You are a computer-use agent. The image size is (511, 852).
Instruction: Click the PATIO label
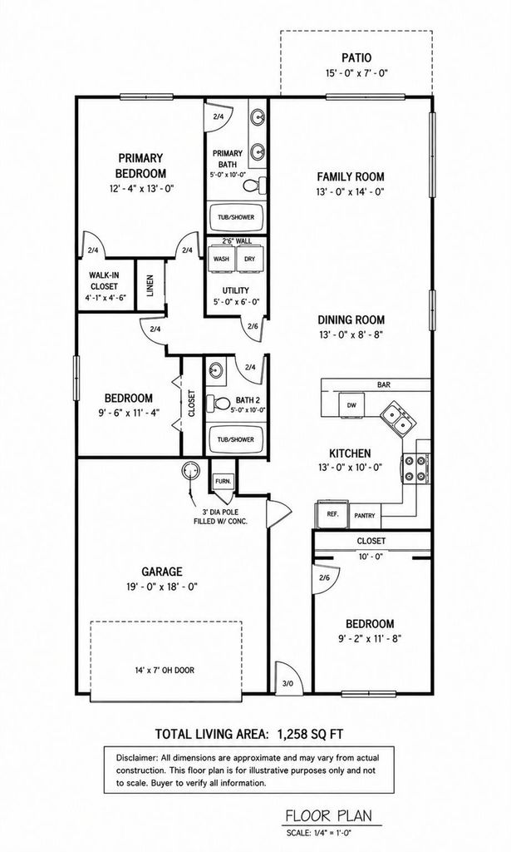(356, 57)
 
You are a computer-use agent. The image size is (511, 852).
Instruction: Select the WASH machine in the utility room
(221, 259)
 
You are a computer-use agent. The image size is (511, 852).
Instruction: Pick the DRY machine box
(249, 259)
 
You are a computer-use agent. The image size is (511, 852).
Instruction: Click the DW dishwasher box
(351, 405)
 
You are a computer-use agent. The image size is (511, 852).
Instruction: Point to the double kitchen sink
(398, 419)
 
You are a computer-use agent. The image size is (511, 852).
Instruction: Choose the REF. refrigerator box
(329, 513)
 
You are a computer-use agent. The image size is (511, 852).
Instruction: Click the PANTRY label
(364, 516)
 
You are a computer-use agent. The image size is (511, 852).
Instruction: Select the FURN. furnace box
(223, 481)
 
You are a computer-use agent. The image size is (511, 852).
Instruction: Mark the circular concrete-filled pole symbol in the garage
(190, 469)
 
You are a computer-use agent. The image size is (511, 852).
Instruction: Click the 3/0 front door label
(287, 683)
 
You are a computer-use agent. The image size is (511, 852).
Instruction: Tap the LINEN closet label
(150, 286)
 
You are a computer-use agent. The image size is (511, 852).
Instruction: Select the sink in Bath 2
(215, 370)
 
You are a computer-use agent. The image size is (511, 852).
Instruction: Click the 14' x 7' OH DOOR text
(165, 670)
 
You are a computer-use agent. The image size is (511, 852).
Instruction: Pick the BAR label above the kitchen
(384, 384)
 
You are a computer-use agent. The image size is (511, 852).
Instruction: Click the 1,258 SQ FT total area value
(310, 734)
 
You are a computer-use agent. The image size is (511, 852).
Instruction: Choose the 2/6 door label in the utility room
(253, 326)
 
